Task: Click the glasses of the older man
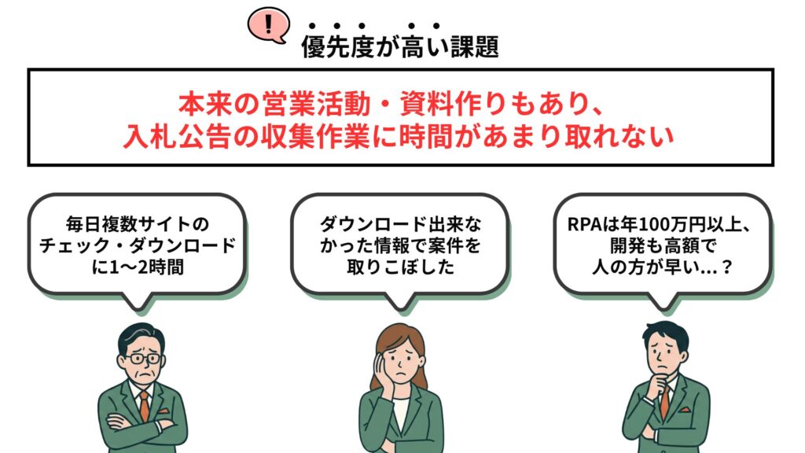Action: [142, 359]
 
